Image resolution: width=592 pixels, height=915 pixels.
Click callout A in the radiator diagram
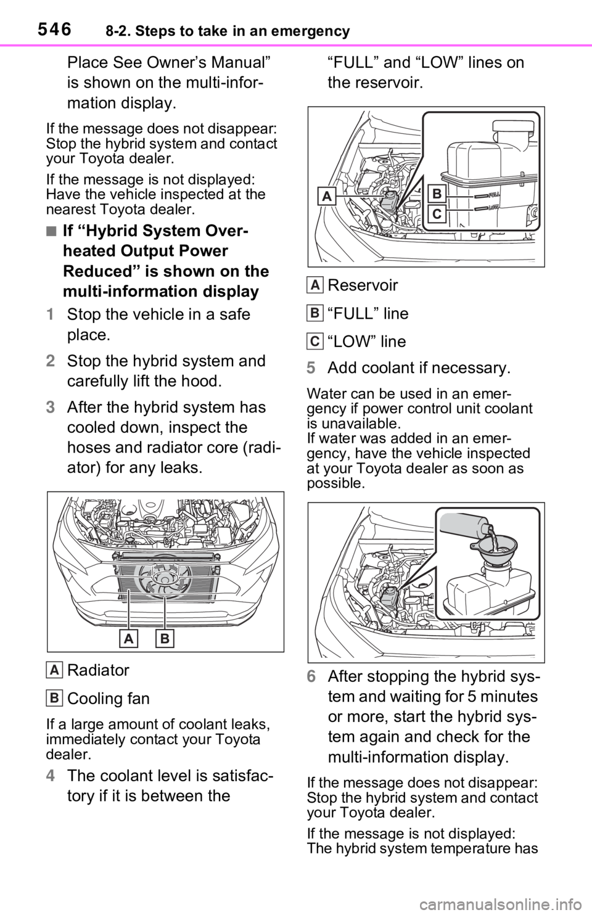pos(128,639)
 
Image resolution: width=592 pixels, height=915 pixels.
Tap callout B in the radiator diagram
pos(165,639)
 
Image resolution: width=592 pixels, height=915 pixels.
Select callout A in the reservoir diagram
pos(326,197)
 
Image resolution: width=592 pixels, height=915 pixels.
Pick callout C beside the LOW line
pos(437,214)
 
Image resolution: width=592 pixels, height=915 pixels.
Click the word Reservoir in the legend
pos(363,285)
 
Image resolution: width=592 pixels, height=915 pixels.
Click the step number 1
pos(50,315)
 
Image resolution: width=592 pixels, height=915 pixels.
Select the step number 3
pos(50,408)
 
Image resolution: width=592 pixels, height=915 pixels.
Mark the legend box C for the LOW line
pos(314,342)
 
